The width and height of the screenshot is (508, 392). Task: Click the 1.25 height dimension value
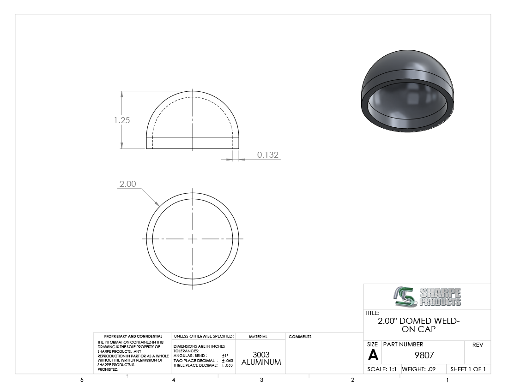coord(122,120)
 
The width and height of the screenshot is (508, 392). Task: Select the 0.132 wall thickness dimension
coord(267,155)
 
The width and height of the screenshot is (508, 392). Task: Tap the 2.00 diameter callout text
coord(127,184)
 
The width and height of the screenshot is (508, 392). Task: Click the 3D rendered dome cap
coord(407,91)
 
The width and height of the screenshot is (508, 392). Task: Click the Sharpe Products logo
coord(427,297)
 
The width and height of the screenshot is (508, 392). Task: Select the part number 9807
coord(424,356)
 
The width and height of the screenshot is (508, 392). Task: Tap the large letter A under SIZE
coord(373,356)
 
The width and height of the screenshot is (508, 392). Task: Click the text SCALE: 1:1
coord(381,369)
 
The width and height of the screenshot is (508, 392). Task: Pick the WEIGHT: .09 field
coord(418,369)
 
